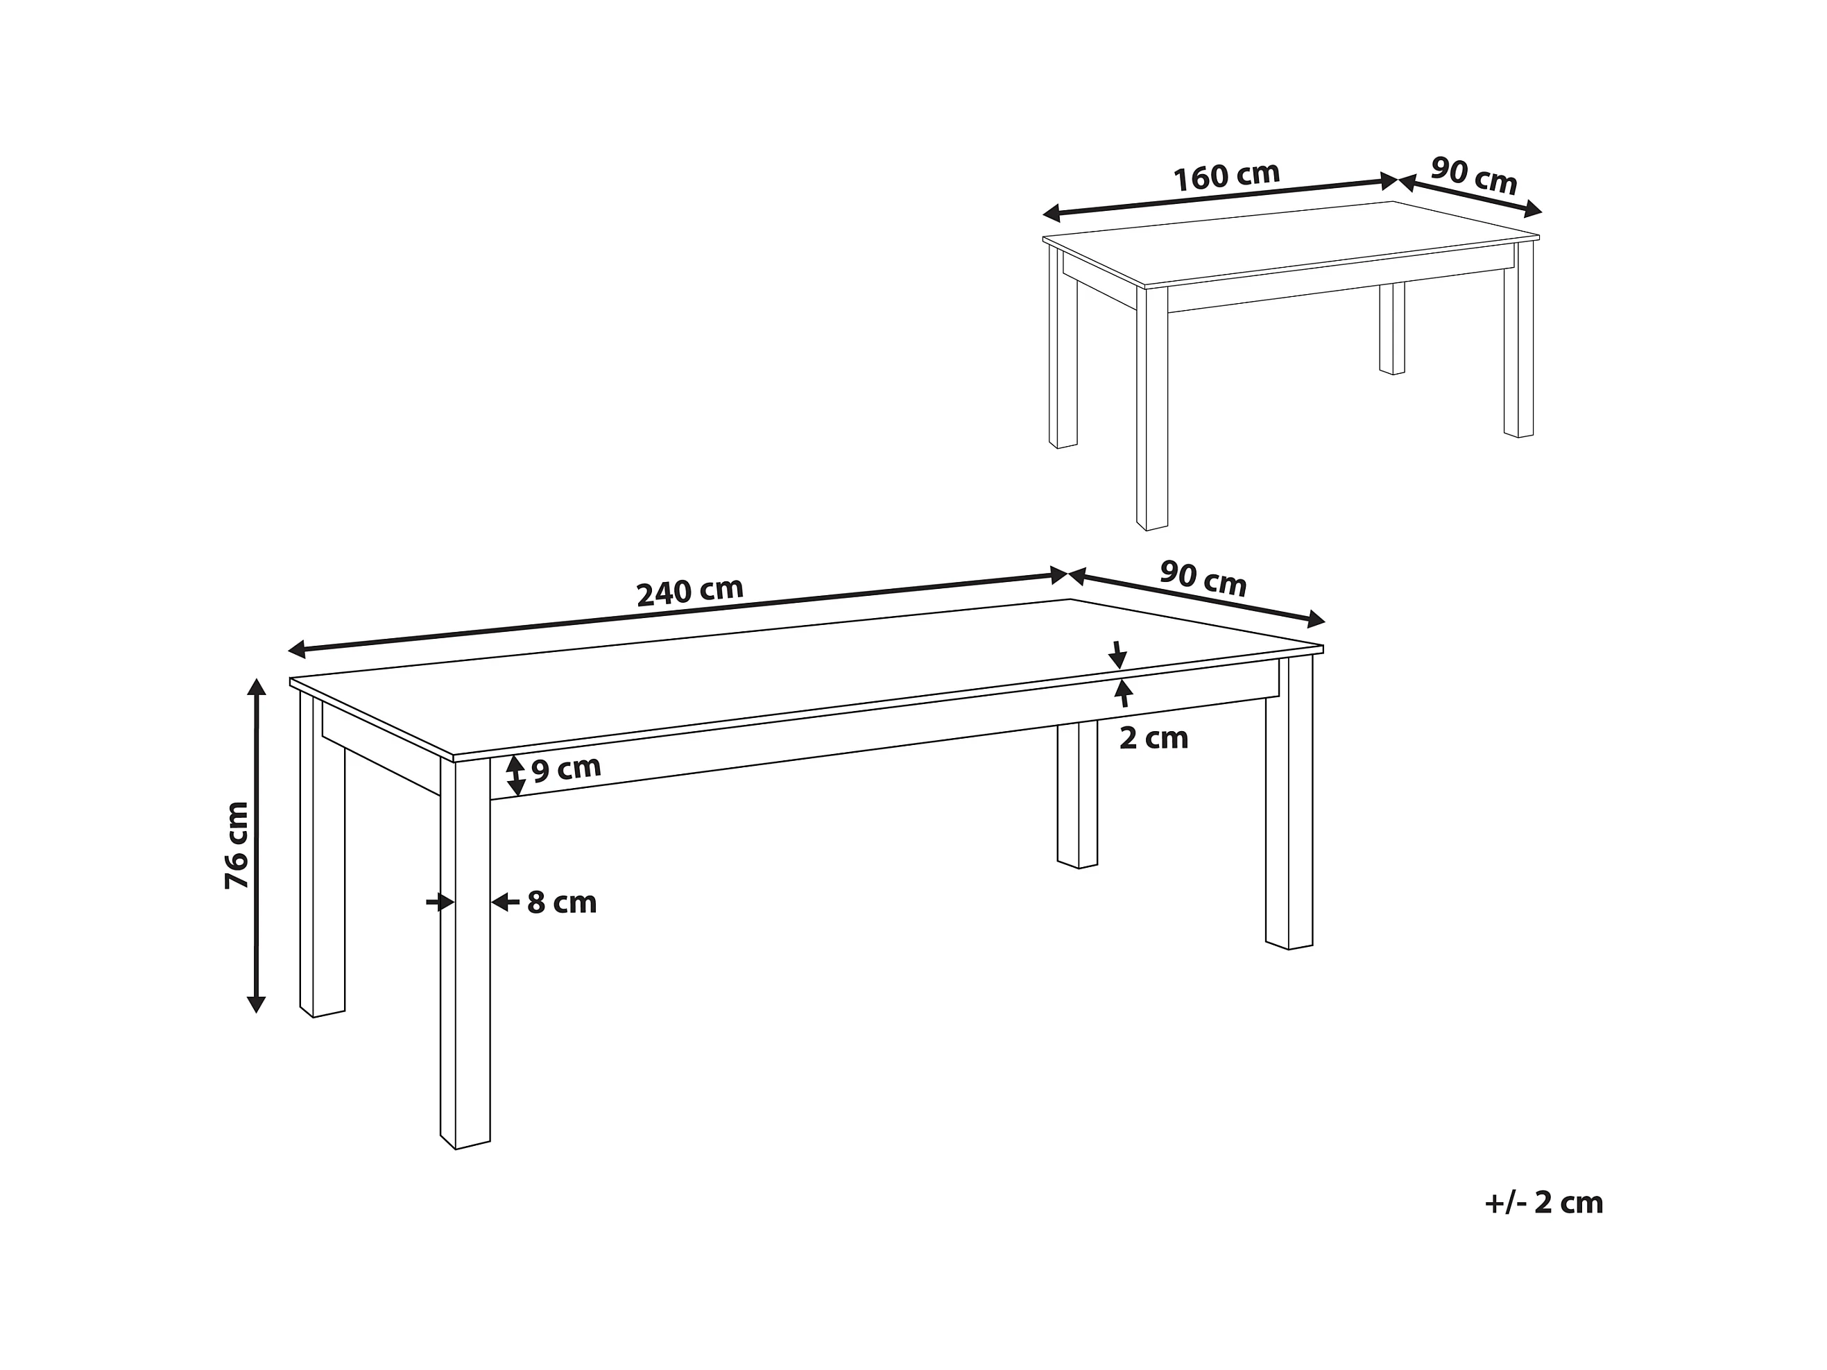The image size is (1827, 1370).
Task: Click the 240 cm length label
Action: [689, 591]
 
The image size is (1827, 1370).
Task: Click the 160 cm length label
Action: [1226, 176]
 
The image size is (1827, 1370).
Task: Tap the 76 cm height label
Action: [237, 845]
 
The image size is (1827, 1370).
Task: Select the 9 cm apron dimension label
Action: [566, 769]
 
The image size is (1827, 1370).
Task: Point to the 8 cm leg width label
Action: [562, 902]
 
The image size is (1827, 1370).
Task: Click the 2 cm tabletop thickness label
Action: [1154, 737]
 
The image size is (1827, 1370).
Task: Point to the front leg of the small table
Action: [1152, 409]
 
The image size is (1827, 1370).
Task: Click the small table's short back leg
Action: [1391, 329]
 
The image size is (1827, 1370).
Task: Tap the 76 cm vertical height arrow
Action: [257, 846]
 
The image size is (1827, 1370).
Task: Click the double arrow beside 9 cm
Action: [515, 776]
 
